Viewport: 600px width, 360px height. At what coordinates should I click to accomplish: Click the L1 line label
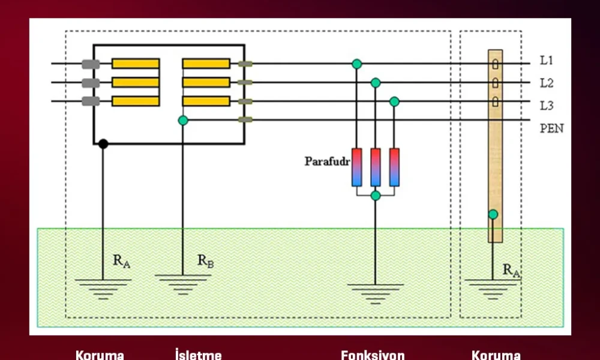point(546,61)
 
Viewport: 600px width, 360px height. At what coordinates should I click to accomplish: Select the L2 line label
point(546,83)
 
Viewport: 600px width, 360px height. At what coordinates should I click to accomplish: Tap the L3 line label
point(546,106)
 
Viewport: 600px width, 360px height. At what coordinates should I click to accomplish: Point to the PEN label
point(551,128)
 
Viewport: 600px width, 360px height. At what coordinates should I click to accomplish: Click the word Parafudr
point(327,161)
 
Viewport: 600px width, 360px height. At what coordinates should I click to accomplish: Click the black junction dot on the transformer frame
point(103,143)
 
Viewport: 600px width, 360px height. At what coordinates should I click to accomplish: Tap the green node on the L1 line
point(357,64)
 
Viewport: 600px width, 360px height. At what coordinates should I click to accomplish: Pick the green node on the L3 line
point(394,101)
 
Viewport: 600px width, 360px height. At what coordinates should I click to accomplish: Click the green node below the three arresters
point(376,196)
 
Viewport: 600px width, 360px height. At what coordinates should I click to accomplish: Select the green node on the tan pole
point(493,214)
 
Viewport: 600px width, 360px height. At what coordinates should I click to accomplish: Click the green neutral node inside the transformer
point(183,121)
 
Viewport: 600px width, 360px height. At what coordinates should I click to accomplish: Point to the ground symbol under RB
point(182,283)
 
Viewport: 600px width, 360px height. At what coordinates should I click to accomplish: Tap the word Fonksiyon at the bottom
point(373,355)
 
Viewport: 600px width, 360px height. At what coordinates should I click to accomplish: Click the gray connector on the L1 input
point(91,64)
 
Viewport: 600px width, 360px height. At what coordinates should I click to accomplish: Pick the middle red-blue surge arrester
point(376,167)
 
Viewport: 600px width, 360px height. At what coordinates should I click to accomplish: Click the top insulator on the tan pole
point(495,64)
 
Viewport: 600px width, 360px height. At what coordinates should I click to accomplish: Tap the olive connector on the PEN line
point(245,120)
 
